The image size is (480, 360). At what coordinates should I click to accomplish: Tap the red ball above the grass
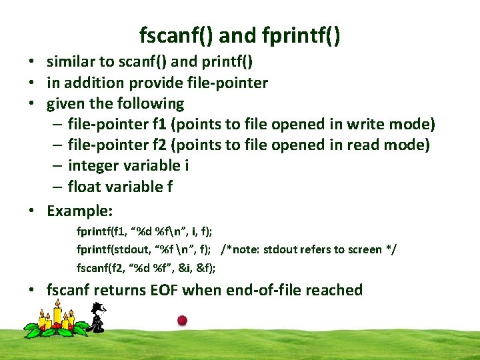tap(182, 320)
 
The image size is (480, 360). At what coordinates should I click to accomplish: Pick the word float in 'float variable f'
tap(84, 187)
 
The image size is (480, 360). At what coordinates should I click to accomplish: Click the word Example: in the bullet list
tap(79, 211)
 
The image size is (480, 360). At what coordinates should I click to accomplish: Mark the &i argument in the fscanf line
tap(184, 268)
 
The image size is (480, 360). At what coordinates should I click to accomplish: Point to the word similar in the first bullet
tap(71, 62)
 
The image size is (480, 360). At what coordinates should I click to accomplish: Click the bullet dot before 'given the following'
tap(31, 104)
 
